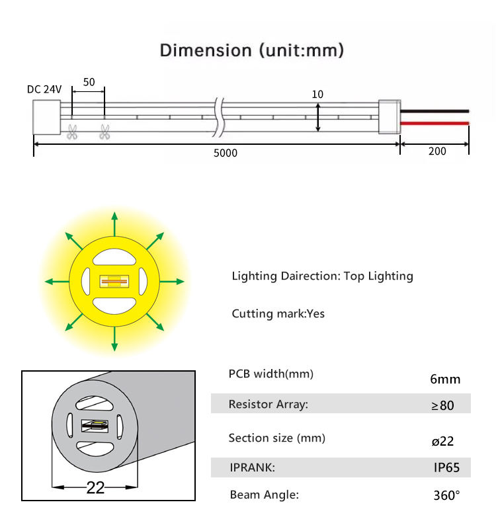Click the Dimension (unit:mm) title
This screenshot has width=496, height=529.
[252, 50]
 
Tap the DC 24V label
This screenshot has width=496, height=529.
[44, 89]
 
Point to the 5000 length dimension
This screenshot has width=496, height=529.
[225, 153]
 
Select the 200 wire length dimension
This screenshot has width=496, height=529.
[437, 151]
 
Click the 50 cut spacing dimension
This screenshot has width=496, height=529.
[89, 82]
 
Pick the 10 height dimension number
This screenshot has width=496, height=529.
[317, 95]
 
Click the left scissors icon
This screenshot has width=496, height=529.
[71, 132]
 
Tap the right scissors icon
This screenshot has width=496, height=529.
[104, 132]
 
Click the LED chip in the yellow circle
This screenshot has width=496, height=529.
[114, 281]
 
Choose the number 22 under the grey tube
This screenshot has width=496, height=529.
[96, 488]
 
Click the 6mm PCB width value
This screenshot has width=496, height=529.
[445, 379]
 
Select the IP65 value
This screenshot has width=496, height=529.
[446, 468]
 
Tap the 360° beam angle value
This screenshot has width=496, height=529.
[446, 495]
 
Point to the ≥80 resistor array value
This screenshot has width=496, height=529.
[443, 405]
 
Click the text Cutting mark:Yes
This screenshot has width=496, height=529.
[278, 313]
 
